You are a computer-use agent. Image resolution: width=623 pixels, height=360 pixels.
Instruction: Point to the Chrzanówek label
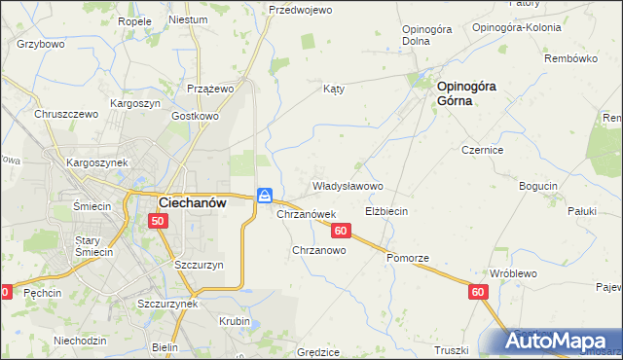pos(307,214)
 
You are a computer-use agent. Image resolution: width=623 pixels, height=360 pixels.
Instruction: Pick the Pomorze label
pos(407,258)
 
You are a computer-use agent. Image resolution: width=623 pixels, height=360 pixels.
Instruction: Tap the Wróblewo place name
pos(513,274)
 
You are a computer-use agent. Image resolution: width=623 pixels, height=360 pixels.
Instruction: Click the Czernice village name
pos(482,151)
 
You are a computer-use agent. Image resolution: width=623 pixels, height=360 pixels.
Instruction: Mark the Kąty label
pos(334,89)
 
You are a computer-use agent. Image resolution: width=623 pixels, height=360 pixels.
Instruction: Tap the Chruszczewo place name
pos(67,114)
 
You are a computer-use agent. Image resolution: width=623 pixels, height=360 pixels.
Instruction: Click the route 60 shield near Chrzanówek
pos(340,231)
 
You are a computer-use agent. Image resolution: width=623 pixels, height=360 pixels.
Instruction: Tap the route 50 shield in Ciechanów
pos(159,222)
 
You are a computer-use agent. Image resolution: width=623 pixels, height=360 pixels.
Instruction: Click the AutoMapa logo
pos(557,342)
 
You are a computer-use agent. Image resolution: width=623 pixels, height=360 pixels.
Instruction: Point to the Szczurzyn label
pos(200,265)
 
